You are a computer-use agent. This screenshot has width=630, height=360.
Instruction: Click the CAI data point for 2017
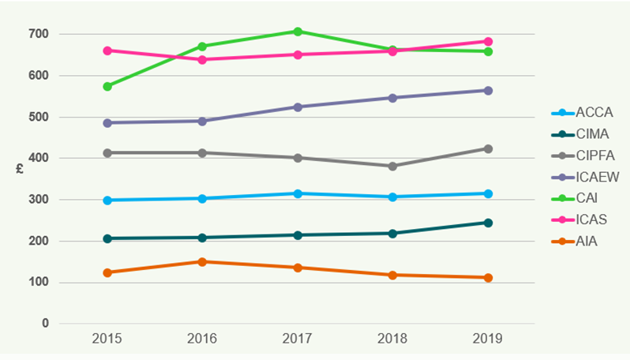click(x=298, y=32)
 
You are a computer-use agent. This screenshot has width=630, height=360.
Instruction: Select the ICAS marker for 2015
click(x=107, y=51)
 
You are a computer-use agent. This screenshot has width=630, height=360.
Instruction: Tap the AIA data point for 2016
click(x=202, y=261)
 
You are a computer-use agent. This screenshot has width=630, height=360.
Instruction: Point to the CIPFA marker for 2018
click(x=392, y=166)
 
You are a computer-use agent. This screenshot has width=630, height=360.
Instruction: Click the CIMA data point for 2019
click(x=488, y=223)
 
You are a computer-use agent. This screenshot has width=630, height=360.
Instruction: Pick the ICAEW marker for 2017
click(x=298, y=107)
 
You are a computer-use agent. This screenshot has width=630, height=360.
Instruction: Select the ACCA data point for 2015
click(x=107, y=201)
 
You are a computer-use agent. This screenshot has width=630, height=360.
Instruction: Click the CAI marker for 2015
click(x=107, y=86)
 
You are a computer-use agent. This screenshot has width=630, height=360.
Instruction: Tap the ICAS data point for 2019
click(x=488, y=41)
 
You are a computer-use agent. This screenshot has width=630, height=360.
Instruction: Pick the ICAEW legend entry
click(x=584, y=178)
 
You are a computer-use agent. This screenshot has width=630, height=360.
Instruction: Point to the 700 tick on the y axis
click(x=39, y=35)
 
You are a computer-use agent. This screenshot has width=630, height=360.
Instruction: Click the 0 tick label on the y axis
click(x=45, y=324)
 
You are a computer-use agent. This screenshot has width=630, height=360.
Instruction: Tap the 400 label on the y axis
click(x=39, y=159)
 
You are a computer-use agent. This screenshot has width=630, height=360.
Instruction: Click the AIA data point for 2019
click(x=488, y=278)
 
